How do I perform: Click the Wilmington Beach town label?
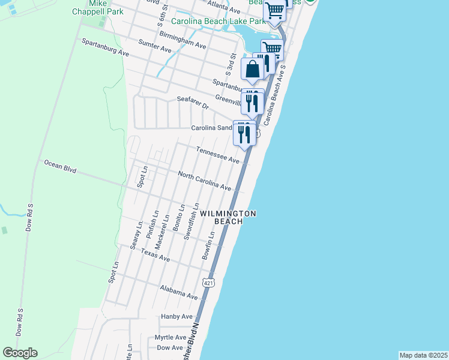tap(228, 217)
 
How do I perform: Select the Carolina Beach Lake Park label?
tap(218, 21)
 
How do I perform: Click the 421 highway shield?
tap(208, 282)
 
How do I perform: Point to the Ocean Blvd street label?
tap(60, 166)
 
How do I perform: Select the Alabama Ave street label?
tap(179, 292)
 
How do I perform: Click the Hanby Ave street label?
tap(176, 316)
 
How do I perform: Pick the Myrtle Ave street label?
tap(170, 337)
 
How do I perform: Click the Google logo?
tap(20, 353)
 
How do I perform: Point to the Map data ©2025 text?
tap(423, 355)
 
